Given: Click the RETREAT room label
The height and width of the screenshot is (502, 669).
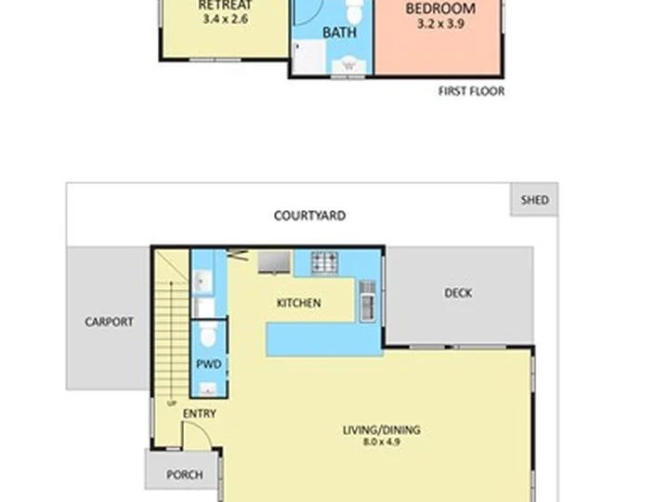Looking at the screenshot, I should click(x=225, y=5).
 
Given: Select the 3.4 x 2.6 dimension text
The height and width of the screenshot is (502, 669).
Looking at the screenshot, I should click(x=225, y=18).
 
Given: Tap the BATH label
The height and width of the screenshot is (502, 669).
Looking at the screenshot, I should click(x=338, y=33).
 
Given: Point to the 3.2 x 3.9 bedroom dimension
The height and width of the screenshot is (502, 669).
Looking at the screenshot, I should click(x=440, y=24).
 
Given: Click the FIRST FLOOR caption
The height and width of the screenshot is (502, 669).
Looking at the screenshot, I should click(x=471, y=91).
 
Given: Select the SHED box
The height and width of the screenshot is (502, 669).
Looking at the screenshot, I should click(x=534, y=200).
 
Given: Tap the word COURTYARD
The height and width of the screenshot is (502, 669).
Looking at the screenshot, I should click(x=309, y=216).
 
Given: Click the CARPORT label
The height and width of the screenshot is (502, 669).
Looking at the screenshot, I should click(x=109, y=323).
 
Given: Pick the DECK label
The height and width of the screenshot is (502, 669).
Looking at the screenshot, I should click(x=457, y=293).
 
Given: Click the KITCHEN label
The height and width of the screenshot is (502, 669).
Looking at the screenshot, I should click(x=298, y=303).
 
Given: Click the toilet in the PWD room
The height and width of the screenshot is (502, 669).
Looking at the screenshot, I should click(x=209, y=333).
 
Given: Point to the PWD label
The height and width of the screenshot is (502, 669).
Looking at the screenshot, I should click(x=209, y=364).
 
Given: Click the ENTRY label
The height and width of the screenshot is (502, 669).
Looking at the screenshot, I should click(x=199, y=414).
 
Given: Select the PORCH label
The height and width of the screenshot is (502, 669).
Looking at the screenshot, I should click(x=184, y=475).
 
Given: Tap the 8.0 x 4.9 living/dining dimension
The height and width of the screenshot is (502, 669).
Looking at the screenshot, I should click(x=381, y=443).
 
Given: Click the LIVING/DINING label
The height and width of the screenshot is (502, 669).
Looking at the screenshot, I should click(x=381, y=429).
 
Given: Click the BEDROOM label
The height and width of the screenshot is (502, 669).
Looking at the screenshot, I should click(x=440, y=9).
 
